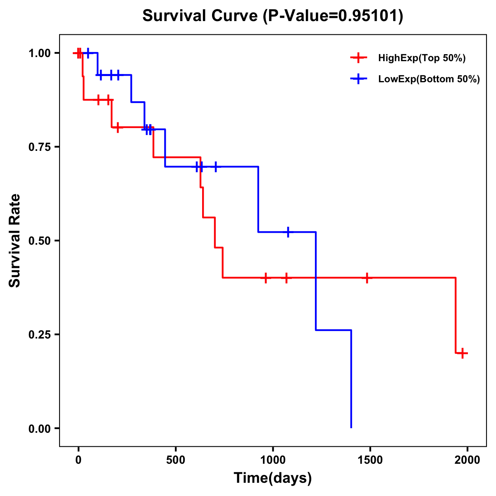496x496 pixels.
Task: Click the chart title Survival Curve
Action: [272, 16]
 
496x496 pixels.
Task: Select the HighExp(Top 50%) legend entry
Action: [422, 58]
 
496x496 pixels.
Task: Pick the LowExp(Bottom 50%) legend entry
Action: [429, 79]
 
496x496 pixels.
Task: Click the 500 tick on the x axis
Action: [176, 460]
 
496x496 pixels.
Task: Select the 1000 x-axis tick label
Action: [273, 460]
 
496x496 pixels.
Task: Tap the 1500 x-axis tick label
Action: [370, 460]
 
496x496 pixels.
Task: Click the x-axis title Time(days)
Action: [273, 478]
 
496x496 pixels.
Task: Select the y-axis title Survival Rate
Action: [15, 241]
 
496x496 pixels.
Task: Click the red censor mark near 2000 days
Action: [463, 353]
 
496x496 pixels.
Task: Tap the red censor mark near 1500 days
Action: [366, 278]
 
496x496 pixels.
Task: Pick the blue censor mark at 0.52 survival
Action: [288, 232]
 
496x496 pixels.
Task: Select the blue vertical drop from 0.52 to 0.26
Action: [316, 281]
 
